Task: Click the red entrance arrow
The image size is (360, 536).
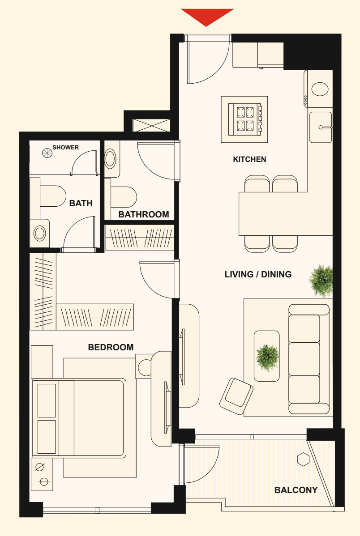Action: [x=207, y=17]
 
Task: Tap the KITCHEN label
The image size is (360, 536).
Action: [x=249, y=159]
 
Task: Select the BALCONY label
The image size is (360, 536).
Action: [x=296, y=490]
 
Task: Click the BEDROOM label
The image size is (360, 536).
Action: [x=111, y=347]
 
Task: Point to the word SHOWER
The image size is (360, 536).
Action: [x=65, y=147]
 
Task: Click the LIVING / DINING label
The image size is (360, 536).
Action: [x=258, y=274]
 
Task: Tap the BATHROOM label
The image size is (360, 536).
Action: [x=144, y=214]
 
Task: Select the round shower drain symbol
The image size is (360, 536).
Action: [x=47, y=153]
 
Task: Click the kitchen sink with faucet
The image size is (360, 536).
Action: [x=321, y=127]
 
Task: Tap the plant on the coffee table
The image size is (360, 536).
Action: [x=268, y=357]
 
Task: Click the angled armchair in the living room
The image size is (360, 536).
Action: [x=236, y=396]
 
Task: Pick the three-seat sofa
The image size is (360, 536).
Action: [x=309, y=359]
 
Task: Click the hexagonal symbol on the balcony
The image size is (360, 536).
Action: [x=303, y=459]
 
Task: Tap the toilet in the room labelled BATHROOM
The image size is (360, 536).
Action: [x=121, y=197]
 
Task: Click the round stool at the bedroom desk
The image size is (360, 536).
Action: [x=145, y=367]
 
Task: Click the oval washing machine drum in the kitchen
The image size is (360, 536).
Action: [x=320, y=89]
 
